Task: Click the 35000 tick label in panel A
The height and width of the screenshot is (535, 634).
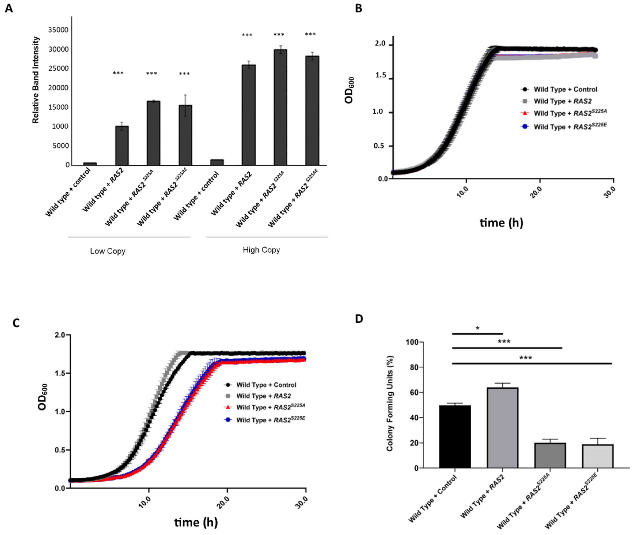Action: (x=58, y=30)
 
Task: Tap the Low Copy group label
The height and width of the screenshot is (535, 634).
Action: (x=108, y=251)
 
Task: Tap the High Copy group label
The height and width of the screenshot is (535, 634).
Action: (x=261, y=250)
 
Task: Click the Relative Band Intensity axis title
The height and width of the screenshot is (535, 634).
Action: (x=36, y=80)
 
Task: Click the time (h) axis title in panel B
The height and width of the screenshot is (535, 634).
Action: (x=501, y=223)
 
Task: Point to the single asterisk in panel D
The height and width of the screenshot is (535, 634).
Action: (x=478, y=329)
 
